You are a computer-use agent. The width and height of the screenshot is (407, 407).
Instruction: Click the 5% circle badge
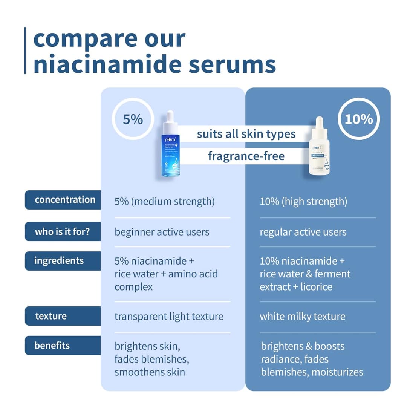pyautogui.click(x=133, y=119)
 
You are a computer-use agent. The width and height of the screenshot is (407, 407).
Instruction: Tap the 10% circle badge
pyautogui.click(x=359, y=119)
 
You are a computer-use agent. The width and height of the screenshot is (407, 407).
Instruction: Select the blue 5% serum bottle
pyautogui.click(x=170, y=145)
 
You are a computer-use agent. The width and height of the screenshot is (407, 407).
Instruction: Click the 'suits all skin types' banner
pyautogui.click(x=246, y=134)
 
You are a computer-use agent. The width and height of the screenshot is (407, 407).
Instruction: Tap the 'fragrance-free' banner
pyautogui.click(x=246, y=156)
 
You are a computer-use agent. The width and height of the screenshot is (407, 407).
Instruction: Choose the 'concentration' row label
pyautogui.click(x=64, y=200)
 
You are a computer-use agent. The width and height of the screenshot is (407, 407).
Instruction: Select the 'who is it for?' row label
pyautogui.click(x=63, y=231)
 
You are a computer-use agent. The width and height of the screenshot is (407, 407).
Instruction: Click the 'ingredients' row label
pyautogui.click(x=59, y=261)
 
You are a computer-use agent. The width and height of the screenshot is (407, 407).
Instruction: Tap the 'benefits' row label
pyautogui.click(x=52, y=345)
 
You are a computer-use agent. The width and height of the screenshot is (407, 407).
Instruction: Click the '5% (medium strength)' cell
pyautogui.click(x=164, y=202)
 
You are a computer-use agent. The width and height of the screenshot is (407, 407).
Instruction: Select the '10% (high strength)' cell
pyautogui.click(x=303, y=202)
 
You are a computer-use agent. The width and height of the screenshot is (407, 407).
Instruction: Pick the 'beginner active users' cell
pyautogui.click(x=162, y=232)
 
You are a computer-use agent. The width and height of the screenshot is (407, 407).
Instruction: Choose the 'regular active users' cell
pyautogui.click(x=303, y=232)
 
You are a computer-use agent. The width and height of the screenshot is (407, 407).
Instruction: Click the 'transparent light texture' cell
pyautogui.click(x=169, y=317)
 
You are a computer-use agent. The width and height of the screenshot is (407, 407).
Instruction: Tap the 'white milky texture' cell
pyautogui.click(x=302, y=317)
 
